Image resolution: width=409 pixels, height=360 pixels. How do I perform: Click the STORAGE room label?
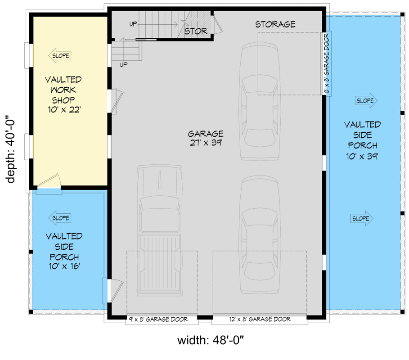275,24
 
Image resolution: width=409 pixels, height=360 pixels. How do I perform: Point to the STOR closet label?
196,31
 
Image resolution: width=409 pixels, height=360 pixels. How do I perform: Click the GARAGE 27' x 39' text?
206,138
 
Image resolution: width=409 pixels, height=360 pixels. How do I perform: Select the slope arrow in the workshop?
59,56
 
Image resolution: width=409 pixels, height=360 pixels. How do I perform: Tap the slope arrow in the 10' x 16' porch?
59,218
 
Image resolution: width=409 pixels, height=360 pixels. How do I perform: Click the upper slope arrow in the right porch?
365,101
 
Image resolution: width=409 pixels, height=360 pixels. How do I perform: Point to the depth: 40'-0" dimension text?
11,149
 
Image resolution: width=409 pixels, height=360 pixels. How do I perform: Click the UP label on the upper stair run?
134,24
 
